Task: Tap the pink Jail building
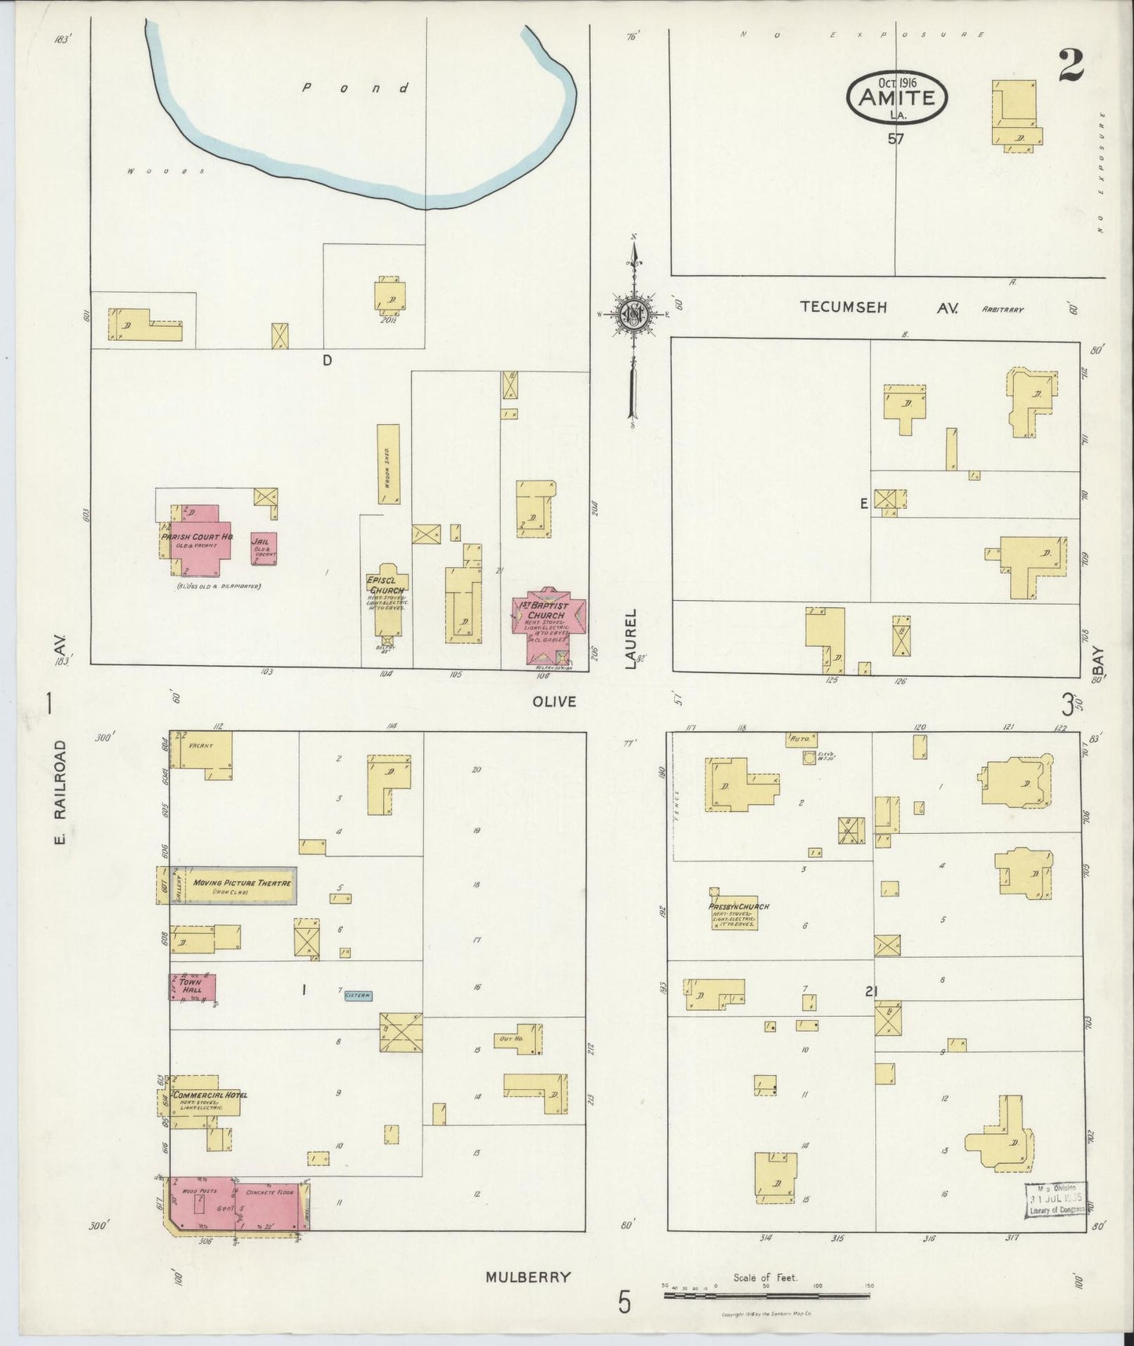click(264, 548)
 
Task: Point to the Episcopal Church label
click(386, 585)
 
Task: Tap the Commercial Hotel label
click(210, 1095)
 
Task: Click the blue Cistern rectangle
click(358, 996)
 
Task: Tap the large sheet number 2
click(1070, 65)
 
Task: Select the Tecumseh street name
click(844, 307)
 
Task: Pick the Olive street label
click(556, 701)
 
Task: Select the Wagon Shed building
click(388, 464)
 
